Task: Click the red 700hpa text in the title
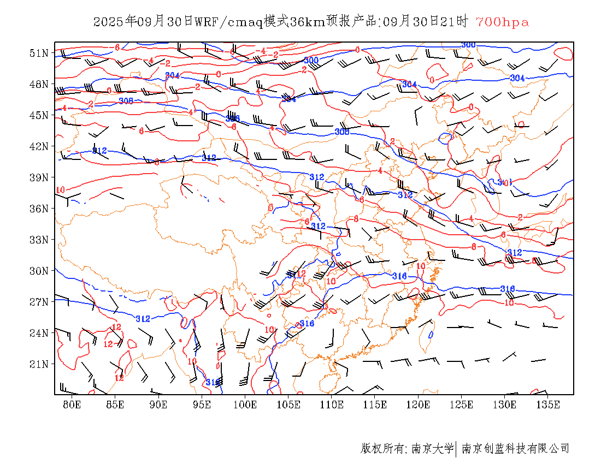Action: pos(502,22)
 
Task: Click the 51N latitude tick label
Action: pos(39,53)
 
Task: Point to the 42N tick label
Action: pos(39,146)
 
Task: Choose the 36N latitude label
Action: pos(39,209)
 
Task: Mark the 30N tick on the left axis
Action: pos(39,271)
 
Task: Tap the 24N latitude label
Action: pos(39,332)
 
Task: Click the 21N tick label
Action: pos(39,364)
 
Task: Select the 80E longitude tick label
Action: pos(72,404)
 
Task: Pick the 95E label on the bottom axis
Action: pos(202,404)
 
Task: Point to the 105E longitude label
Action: pos(288,404)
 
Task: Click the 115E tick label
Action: pos(375,404)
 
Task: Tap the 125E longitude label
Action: pos(462,404)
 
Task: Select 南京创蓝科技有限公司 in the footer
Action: pos(516,449)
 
